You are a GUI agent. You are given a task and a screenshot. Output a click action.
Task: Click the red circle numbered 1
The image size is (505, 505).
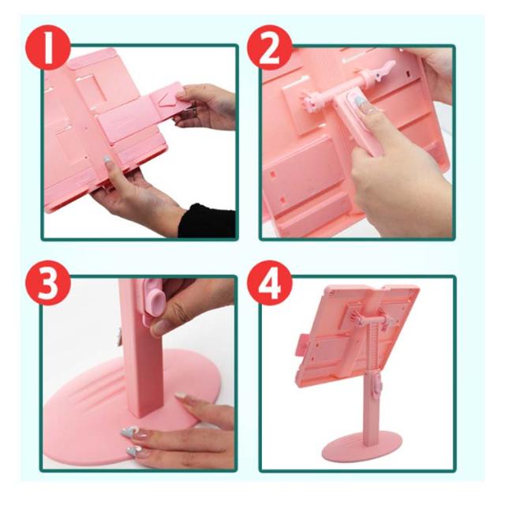pyautogui.click(x=48, y=47)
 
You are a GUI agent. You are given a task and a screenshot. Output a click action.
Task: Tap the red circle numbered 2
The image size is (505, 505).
pyautogui.click(x=270, y=47)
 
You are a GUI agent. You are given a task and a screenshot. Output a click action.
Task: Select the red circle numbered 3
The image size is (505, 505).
pyautogui.click(x=48, y=282)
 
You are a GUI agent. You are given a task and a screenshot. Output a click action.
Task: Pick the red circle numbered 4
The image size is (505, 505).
pyautogui.click(x=270, y=282)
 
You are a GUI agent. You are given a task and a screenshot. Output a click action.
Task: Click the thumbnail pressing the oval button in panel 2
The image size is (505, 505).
pyautogui.click(x=360, y=101)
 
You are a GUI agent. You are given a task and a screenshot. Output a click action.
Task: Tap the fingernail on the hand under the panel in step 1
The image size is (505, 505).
pyautogui.click(x=107, y=160)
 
